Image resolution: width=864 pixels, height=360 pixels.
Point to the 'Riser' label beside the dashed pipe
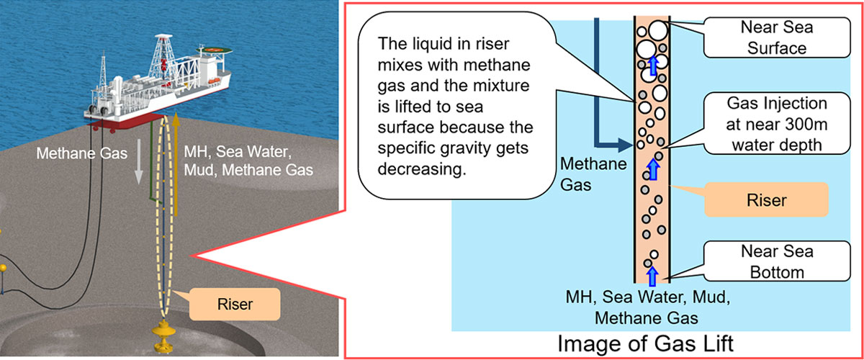coord(234,305)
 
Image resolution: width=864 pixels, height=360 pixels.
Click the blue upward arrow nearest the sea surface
coord(653,66)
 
